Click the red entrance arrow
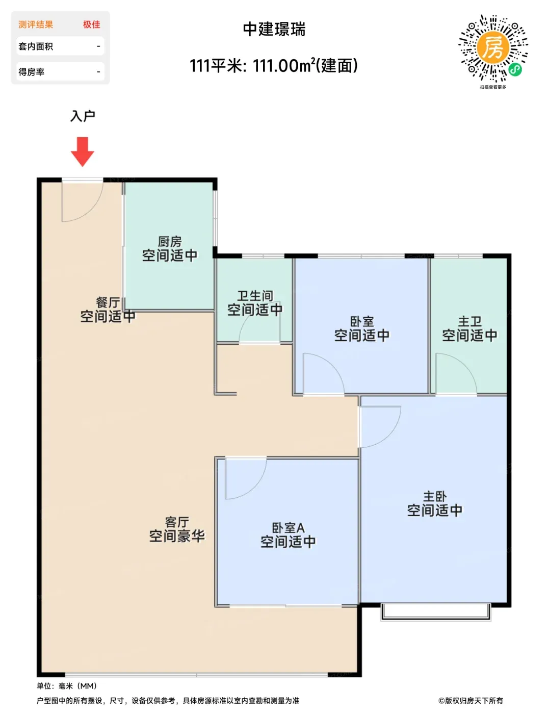click(83, 151)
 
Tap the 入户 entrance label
click(83, 116)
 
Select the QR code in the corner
click(492, 48)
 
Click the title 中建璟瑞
click(274, 29)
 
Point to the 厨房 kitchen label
click(170, 242)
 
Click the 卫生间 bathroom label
click(255, 296)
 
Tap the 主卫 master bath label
click(469, 321)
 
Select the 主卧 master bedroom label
click(435, 496)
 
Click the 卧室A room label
click(288, 528)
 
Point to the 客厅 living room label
click(177, 522)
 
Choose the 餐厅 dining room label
click(108, 302)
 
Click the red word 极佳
click(92, 24)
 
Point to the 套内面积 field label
click(36, 46)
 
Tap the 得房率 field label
click(31, 72)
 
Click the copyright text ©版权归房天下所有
click(470, 701)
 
